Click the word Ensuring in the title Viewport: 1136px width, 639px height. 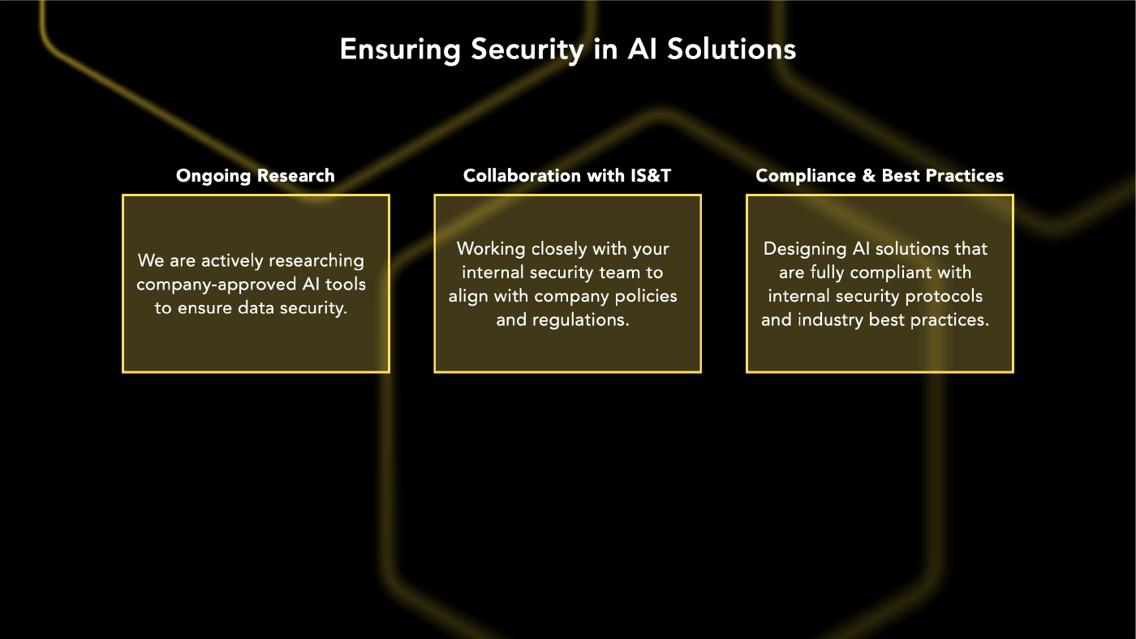[400, 50]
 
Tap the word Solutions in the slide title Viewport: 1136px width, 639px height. [731, 49]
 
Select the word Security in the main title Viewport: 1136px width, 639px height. [527, 50]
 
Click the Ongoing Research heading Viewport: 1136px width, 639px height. [256, 176]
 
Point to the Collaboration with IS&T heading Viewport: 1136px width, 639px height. [567, 175]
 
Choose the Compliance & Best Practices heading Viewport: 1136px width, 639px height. [880, 175]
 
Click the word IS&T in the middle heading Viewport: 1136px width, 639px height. [651, 175]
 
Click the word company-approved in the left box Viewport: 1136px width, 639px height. [217, 285]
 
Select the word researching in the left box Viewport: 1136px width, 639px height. [316, 261]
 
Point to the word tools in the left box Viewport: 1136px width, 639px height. [346, 285]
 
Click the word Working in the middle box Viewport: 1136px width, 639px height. [491, 249]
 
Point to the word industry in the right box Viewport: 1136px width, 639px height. [830, 320]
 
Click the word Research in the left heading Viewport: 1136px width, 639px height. [295, 176]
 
